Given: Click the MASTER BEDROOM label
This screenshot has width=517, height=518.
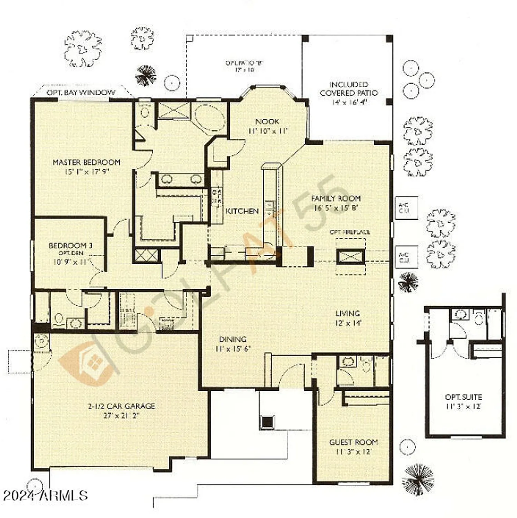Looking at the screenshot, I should click(x=86, y=162).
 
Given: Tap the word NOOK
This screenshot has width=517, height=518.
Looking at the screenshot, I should click(x=267, y=122).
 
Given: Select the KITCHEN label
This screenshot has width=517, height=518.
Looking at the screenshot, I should click(x=242, y=211).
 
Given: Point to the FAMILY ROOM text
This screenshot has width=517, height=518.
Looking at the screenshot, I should click(x=336, y=199).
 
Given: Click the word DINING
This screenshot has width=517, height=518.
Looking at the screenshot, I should click(x=233, y=339).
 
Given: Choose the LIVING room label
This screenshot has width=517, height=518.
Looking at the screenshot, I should click(x=348, y=314).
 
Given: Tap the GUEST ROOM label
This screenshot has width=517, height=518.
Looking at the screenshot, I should click(x=353, y=442).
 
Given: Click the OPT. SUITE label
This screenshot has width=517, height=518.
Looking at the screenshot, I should click(x=463, y=397).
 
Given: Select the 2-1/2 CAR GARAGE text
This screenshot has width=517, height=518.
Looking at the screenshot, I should click(x=121, y=406).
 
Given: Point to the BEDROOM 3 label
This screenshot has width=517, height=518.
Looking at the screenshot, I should click(x=70, y=246).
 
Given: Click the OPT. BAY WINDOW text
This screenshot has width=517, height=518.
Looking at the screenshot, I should click(x=81, y=93).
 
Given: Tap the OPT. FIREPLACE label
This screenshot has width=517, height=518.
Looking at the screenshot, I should click(x=350, y=232).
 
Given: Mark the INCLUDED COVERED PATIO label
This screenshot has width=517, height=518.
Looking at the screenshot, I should click(x=349, y=89).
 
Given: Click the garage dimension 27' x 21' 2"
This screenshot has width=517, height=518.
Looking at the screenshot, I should click(x=121, y=416).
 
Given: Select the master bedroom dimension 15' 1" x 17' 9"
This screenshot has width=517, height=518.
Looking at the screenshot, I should click(x=87, y=172).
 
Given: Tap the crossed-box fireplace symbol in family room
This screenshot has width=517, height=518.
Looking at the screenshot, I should click(x=350, y=257).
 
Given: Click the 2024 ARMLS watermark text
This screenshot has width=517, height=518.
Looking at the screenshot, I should click(x=45, y=496).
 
